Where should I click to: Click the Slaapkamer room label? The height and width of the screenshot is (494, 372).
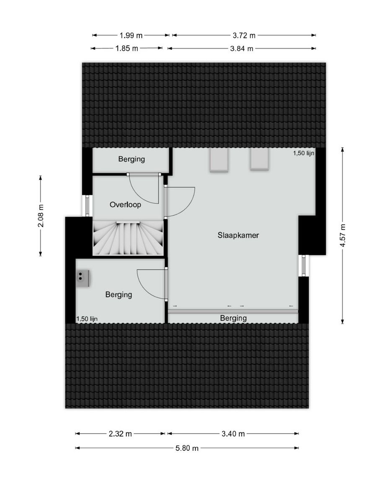tap(238, 235)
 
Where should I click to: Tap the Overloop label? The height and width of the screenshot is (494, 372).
tap(125, 205)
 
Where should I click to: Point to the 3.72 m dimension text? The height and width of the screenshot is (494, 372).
tap(244, 35)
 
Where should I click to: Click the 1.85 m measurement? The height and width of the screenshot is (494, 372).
tap(127, 48)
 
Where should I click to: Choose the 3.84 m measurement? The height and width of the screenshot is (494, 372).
tap(242, 48)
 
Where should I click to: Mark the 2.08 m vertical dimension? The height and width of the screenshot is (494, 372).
tap(41, 216)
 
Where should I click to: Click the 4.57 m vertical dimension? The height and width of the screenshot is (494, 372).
tap(343, 235)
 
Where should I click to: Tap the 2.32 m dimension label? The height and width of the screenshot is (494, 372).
tap(120, 434)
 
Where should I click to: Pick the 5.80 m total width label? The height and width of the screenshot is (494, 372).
tap(187, 448)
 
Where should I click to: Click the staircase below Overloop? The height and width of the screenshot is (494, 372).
tap(128, 239)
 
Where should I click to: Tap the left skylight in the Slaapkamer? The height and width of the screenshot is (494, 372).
tap(219, 161)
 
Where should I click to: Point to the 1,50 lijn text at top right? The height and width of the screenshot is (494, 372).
tap(304, 153)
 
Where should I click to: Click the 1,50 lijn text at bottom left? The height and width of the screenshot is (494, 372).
tap(87, 319)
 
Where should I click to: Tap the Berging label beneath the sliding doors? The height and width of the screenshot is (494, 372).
tap(233, 318)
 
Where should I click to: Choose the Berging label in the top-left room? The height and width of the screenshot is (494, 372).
tap(131, 159)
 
